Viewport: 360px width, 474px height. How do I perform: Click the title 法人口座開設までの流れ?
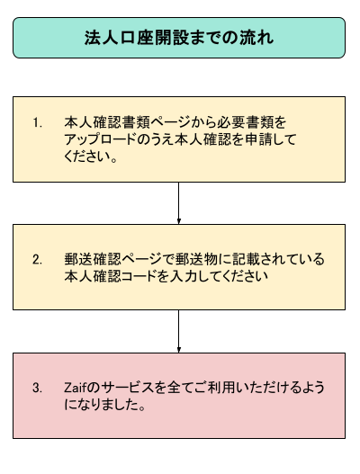coord(179,38)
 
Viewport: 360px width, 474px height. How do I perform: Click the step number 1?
coord(37,122)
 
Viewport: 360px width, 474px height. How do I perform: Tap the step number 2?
coord(37,260)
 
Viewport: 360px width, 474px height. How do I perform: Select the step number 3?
coord(37,388)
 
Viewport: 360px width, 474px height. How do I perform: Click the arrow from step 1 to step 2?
coord(179,203)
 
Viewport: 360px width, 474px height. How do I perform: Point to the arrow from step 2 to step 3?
coord(179,331)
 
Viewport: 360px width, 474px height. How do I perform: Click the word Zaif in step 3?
coord(76,388)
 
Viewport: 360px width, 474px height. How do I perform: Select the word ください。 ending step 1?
coord(91,157)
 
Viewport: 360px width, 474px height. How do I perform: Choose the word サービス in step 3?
coord(128,388)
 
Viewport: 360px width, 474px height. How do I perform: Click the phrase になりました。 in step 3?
coord(105,405)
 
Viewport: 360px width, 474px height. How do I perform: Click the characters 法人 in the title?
coord(101,38)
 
